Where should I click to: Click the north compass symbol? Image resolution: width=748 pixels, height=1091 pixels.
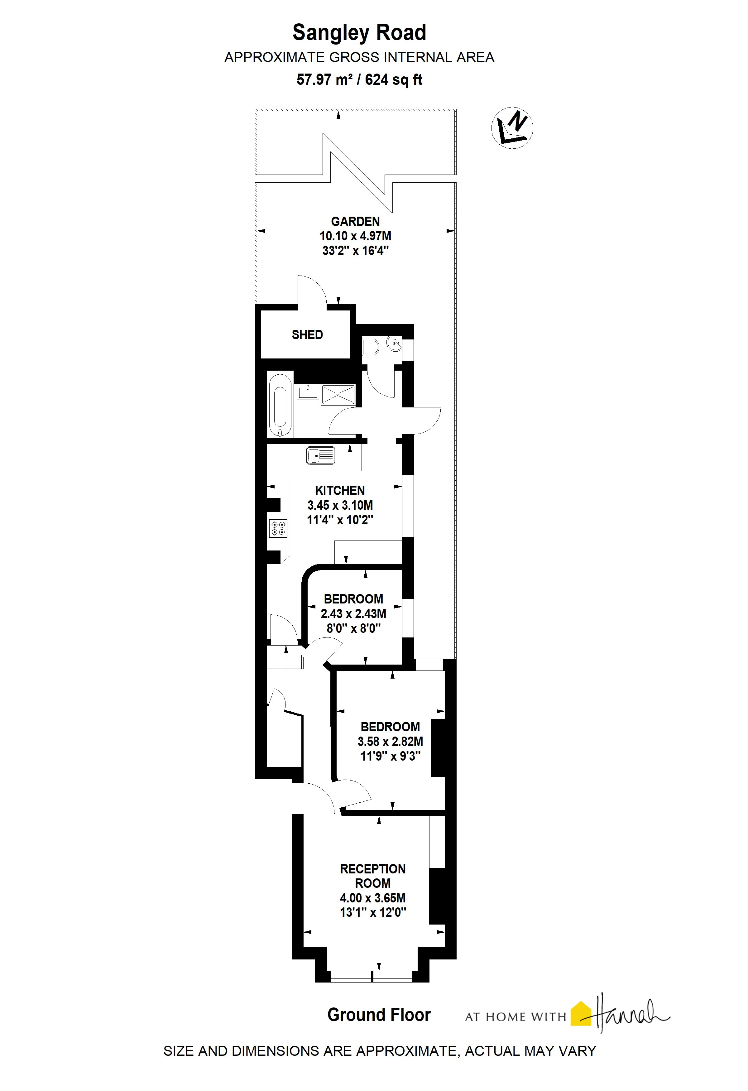[x=512, y=128]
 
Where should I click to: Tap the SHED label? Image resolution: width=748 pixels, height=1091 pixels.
[x=307, y=335]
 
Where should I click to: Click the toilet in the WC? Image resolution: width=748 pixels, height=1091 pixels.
[x=371, y=347]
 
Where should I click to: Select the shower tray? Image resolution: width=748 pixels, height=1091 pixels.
[x=338, y=395]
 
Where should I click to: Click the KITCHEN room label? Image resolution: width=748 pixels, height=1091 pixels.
[x=340, y=491]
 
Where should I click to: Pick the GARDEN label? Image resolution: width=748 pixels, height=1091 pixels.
[x=355, y=222]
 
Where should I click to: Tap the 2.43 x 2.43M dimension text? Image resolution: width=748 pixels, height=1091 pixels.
[x=353, y=613]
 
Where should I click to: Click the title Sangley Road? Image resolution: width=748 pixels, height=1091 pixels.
[x=359, y=32]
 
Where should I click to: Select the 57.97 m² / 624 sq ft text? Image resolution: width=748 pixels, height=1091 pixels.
[x=359, y=79]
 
